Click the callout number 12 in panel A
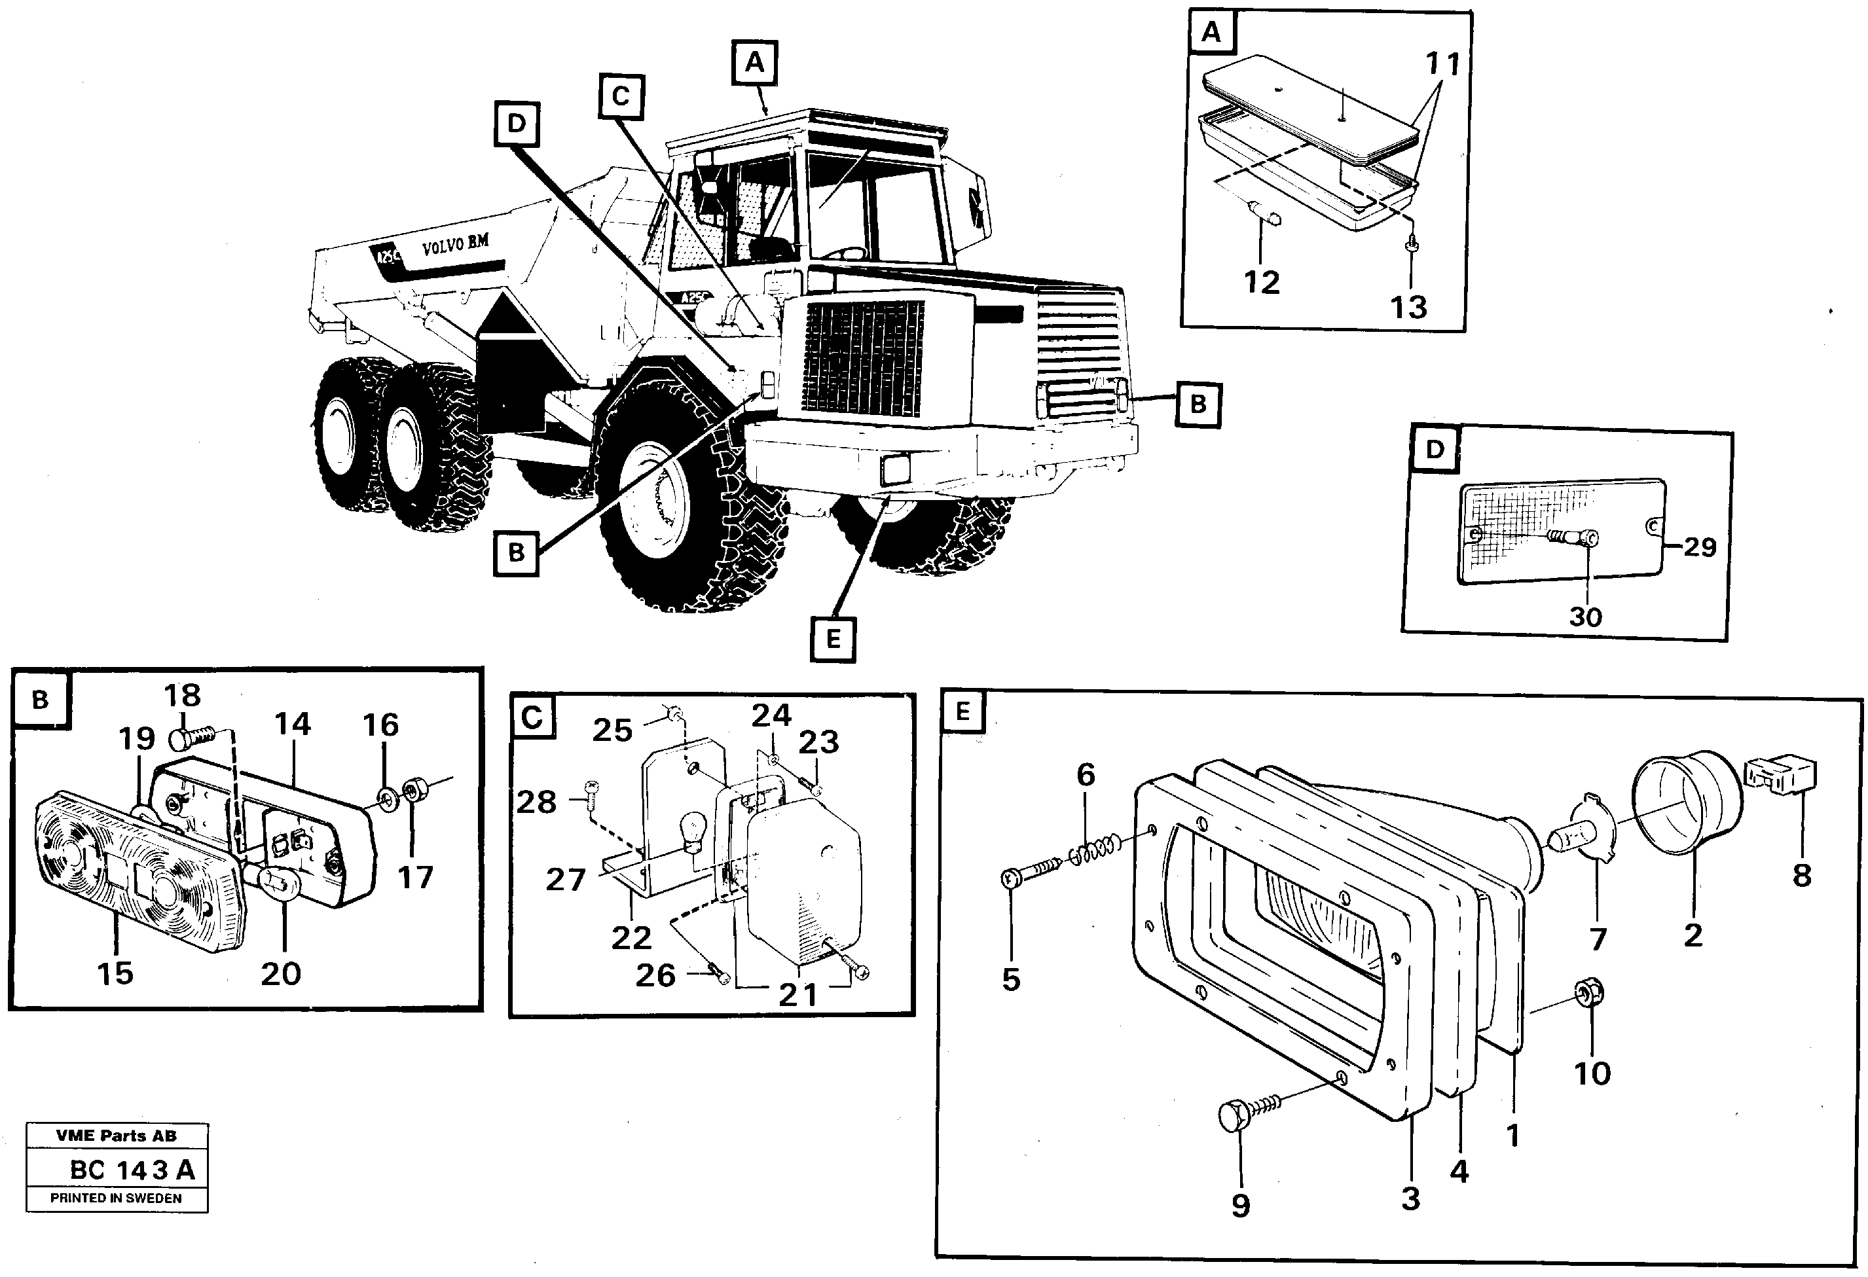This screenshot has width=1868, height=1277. pyautogui.click(x=1261, y=282)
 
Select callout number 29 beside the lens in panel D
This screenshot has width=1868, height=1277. pyautogui.click(x=1699, y=547)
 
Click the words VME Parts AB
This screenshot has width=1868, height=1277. pyautogui.click(x=117, y=1136)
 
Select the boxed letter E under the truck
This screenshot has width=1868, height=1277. pyautogui.click(x=833, y=639)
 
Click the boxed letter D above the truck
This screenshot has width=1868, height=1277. pyautogui.click(x=516, y=124)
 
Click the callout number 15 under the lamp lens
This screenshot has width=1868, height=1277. pyautogui.click(x=115, y=973)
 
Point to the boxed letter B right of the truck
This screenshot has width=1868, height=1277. pyautogui.click(x=1198, y=405)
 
